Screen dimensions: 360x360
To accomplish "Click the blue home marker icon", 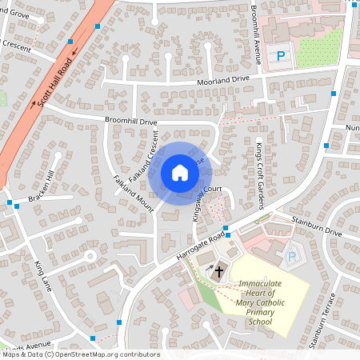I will (x=180, y=173).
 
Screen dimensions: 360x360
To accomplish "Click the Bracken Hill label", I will (x=42, y=186).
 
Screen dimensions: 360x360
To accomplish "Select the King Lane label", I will (x=43, y=275).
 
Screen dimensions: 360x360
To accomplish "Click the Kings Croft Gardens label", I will (x=259, y=174).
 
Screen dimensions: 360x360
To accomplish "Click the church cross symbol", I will (x=218, y=272).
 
